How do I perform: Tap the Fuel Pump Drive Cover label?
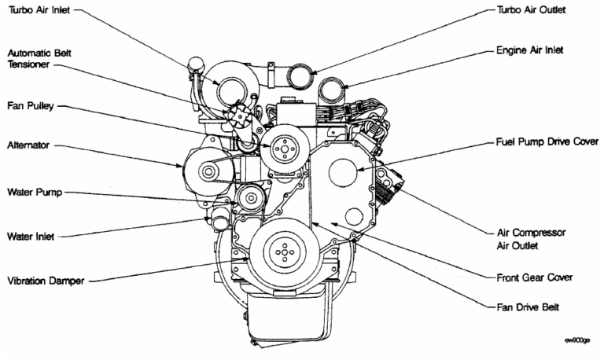point(543,145)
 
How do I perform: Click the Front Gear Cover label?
point(533,277)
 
